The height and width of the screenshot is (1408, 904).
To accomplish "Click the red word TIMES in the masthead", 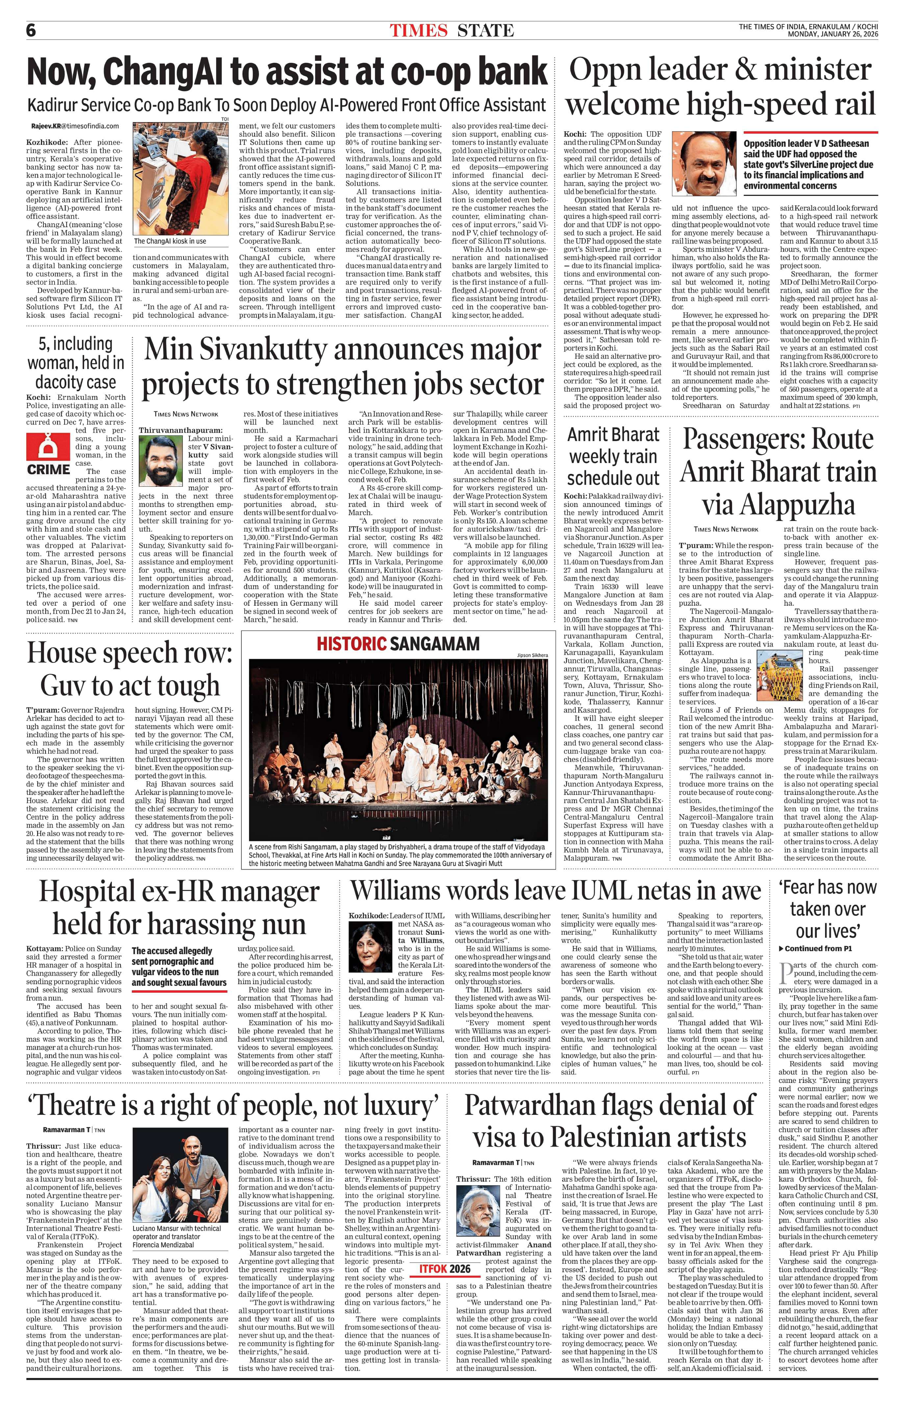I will pos(418,30).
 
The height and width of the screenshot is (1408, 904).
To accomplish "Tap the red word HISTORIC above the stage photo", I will pos(350,644).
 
